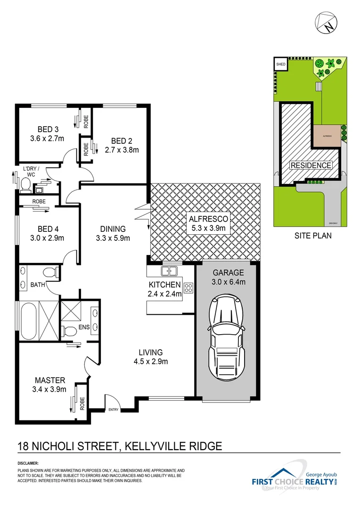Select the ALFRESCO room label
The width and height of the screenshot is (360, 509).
[x=208, y=219]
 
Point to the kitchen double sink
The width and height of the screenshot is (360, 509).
[x=169, y=271]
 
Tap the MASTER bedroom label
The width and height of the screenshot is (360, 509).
[x=50, y=380]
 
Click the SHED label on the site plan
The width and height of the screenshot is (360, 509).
[x=281, y=64]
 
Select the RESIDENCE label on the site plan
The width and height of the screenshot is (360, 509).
[x=311, y=165]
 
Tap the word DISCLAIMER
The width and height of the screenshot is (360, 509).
[x=28, y=463]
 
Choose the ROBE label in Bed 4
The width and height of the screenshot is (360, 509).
[x=39, y=201]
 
